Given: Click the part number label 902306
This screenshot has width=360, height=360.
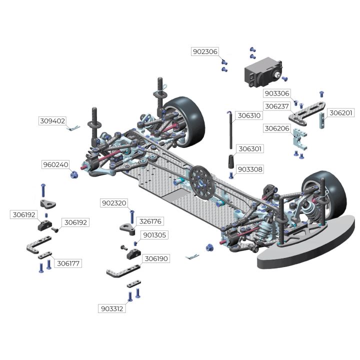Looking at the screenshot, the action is click(205, 51).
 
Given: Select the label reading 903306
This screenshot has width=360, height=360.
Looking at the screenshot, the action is click(277, 93).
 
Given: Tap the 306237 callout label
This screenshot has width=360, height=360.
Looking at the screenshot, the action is click(276, 106).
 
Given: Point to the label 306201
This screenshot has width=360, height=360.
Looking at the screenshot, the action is click(340, 113).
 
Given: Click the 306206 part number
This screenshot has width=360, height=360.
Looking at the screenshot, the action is click(277, 128).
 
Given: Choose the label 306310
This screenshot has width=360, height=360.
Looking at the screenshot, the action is click(249, 115).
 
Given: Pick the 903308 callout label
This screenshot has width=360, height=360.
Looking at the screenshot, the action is click(250, 169).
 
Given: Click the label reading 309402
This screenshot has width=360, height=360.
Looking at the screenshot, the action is click(52, 121).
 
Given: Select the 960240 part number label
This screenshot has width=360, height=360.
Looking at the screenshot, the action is click(55, 164).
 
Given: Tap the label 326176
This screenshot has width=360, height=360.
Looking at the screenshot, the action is click(150, 221).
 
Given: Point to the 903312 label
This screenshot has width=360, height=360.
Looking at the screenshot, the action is click(112, 309).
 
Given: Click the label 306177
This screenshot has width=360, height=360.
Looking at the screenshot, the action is click(68, 263).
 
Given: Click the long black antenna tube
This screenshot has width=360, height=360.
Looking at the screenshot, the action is click(230, 130).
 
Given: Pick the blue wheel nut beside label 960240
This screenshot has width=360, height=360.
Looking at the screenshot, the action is click(74, 175).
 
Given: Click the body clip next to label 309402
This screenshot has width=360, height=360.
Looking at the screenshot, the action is click(73, 127).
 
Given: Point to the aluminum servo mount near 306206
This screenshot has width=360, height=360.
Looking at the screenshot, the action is click(299, 139).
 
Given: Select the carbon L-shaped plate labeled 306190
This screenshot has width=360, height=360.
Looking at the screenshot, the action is click(123, 271).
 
